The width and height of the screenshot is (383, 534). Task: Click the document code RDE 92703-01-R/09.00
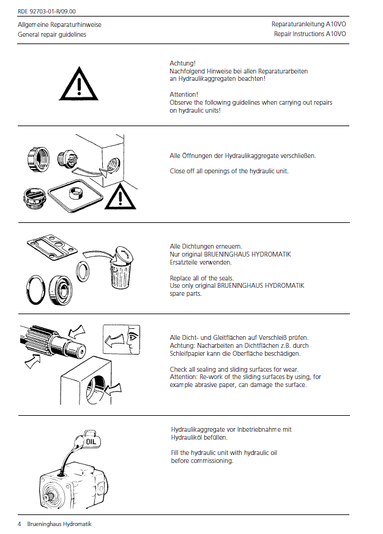46,11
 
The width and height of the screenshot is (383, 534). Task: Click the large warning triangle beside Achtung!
78,84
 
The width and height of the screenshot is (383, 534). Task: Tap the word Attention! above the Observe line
184,94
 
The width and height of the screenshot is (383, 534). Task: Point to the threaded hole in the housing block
113,167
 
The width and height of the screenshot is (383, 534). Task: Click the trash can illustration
121,268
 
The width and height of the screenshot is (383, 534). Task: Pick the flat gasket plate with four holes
52,246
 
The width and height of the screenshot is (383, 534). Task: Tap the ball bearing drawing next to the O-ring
60,290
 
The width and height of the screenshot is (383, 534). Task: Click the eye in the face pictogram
132,337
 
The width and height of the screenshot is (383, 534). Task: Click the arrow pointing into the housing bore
114,389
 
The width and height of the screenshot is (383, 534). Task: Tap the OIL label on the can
91,442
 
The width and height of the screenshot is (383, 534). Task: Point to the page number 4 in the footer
20,524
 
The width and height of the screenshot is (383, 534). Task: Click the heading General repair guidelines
52,34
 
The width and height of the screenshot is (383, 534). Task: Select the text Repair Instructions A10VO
310,34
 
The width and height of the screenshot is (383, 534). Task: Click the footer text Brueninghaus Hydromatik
59,524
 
